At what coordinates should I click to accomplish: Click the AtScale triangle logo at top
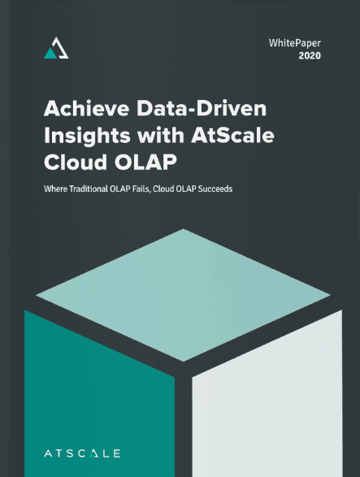(56, 48)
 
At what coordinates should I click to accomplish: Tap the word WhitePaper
(294, 43)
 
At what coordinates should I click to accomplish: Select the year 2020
(310, 56)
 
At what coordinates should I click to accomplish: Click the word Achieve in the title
(87, 108)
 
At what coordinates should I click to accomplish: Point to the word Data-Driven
(202, 108)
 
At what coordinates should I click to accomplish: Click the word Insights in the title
(87, 136)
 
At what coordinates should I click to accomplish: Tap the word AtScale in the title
(232, 135)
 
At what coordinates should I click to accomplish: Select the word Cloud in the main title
(76, 162)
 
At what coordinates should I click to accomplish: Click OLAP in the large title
(145, 162)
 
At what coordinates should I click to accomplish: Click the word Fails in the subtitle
(141, 189)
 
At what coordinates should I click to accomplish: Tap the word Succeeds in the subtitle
(215, 189)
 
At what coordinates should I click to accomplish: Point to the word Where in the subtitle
(55, 189)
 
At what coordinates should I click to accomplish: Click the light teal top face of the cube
(183, 295)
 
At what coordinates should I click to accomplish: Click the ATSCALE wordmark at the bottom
(82, 453)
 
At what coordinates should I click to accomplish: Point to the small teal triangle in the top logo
(50, 54)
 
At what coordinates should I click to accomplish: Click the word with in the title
(161, 135)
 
